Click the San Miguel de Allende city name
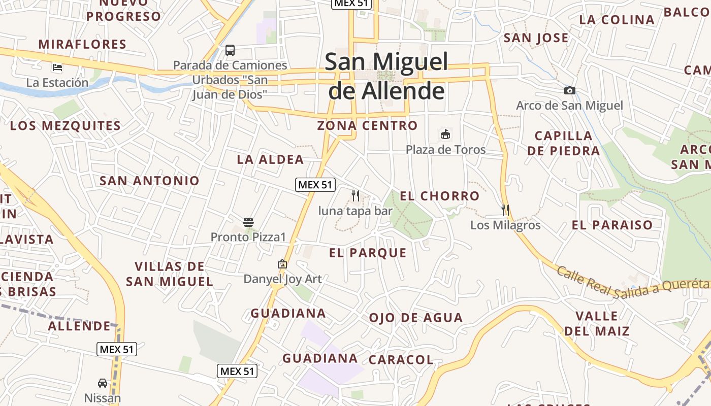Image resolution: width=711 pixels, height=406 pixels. point(386,76)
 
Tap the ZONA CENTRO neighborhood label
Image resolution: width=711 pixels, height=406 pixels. point(367,125)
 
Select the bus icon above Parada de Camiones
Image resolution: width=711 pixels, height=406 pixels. point(230,50)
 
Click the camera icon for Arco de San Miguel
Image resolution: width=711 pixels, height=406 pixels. point(570,91)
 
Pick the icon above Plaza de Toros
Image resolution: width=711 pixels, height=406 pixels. point(445,134)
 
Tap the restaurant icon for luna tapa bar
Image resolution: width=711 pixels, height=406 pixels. point(355,195)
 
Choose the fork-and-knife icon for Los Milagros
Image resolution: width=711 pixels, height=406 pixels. point(505,210)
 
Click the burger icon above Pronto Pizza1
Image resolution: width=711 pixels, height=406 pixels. point(248,222)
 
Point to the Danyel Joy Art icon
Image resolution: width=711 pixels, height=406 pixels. point(282,264)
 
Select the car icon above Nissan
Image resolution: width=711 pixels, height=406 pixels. point(103,383)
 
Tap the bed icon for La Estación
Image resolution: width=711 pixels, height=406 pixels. point(57,67)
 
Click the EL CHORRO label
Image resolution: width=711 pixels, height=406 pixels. point(439,196)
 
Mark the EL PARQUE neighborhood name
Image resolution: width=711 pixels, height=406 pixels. point(368,253)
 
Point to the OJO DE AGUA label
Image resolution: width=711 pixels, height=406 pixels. point(416,318)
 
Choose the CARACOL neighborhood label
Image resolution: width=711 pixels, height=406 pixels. point(401,360)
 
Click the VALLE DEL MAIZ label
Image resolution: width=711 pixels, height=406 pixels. point(597,324)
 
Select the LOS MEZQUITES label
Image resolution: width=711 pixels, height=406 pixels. point(66,126)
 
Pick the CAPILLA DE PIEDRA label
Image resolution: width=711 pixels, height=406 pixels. point(564,143)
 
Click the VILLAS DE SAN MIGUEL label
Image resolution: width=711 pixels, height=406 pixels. point(170,274)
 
